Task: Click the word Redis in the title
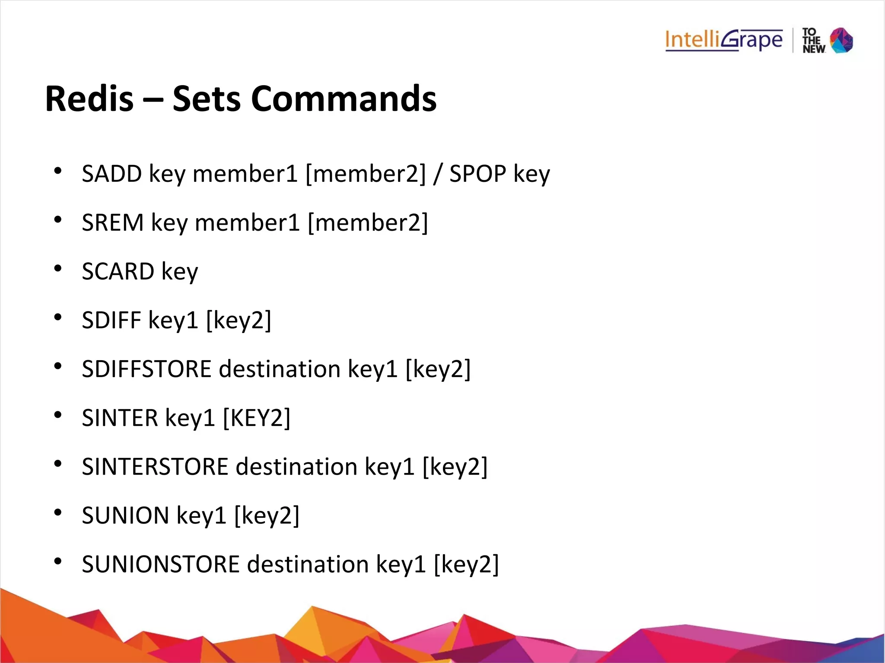(x=89, y=99)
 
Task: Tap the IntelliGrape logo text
(x=724, y=40)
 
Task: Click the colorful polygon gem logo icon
(x=842, y=40)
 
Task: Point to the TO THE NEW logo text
(x=813, y=41)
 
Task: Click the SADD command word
(x=112, y=174)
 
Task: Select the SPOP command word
(x=478, y=174)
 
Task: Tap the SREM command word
(x=112, y=222)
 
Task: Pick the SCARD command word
(x=118, y=271)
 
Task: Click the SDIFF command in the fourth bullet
(x=111, y=320)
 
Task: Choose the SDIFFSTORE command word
(x=146, y=369)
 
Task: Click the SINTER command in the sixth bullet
(x=120, y=418)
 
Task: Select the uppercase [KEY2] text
(x=257, y=418)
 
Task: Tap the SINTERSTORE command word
(x=155, y=467)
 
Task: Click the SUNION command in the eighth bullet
(x=125, y=516)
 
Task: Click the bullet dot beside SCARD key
(x=58, y=269)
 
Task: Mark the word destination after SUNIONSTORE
(x=308, y=565)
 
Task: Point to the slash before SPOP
(x=438, y=174)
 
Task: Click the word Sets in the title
(x=207, y=99)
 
